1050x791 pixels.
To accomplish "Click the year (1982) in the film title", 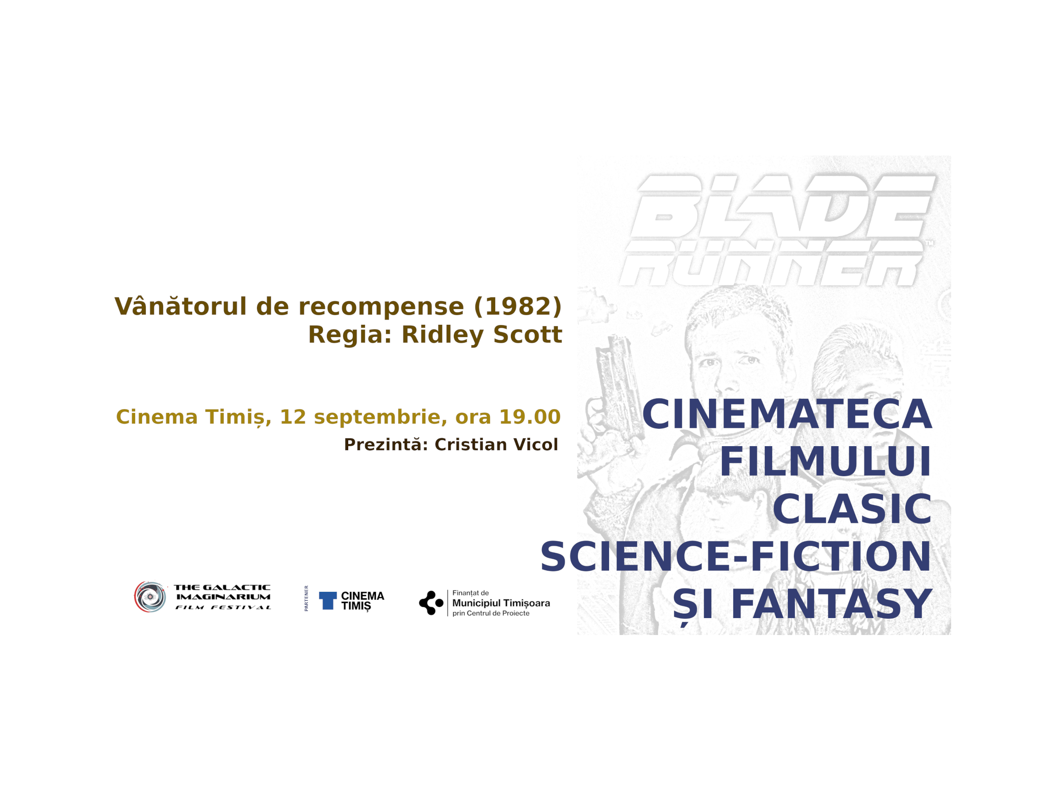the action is tap(518, 307).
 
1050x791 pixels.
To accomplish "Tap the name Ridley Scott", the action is tap(482, 334).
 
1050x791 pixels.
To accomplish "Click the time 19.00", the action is tap(530, 417).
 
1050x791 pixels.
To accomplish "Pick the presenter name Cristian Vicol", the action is tap(496, 445).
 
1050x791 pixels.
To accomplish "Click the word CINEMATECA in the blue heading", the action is tap(787, 415).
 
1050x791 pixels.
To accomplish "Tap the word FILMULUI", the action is tap(825, 462).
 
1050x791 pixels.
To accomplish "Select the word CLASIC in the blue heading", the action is tap(852, 509).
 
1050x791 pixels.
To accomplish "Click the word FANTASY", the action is tap(832, 604).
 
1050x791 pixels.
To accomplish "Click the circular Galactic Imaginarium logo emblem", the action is tap(150, 597).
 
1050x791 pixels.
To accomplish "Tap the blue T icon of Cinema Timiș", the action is tap(328, 600).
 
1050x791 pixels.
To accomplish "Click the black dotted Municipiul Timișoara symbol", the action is tap(431, 603).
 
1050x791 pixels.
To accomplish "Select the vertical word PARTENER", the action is tap(306, 598).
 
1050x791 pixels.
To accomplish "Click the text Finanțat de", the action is tap(470, 593).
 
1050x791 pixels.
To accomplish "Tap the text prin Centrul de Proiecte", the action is tap(491, 613).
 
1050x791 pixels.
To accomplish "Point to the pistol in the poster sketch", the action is tap(617, 390).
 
